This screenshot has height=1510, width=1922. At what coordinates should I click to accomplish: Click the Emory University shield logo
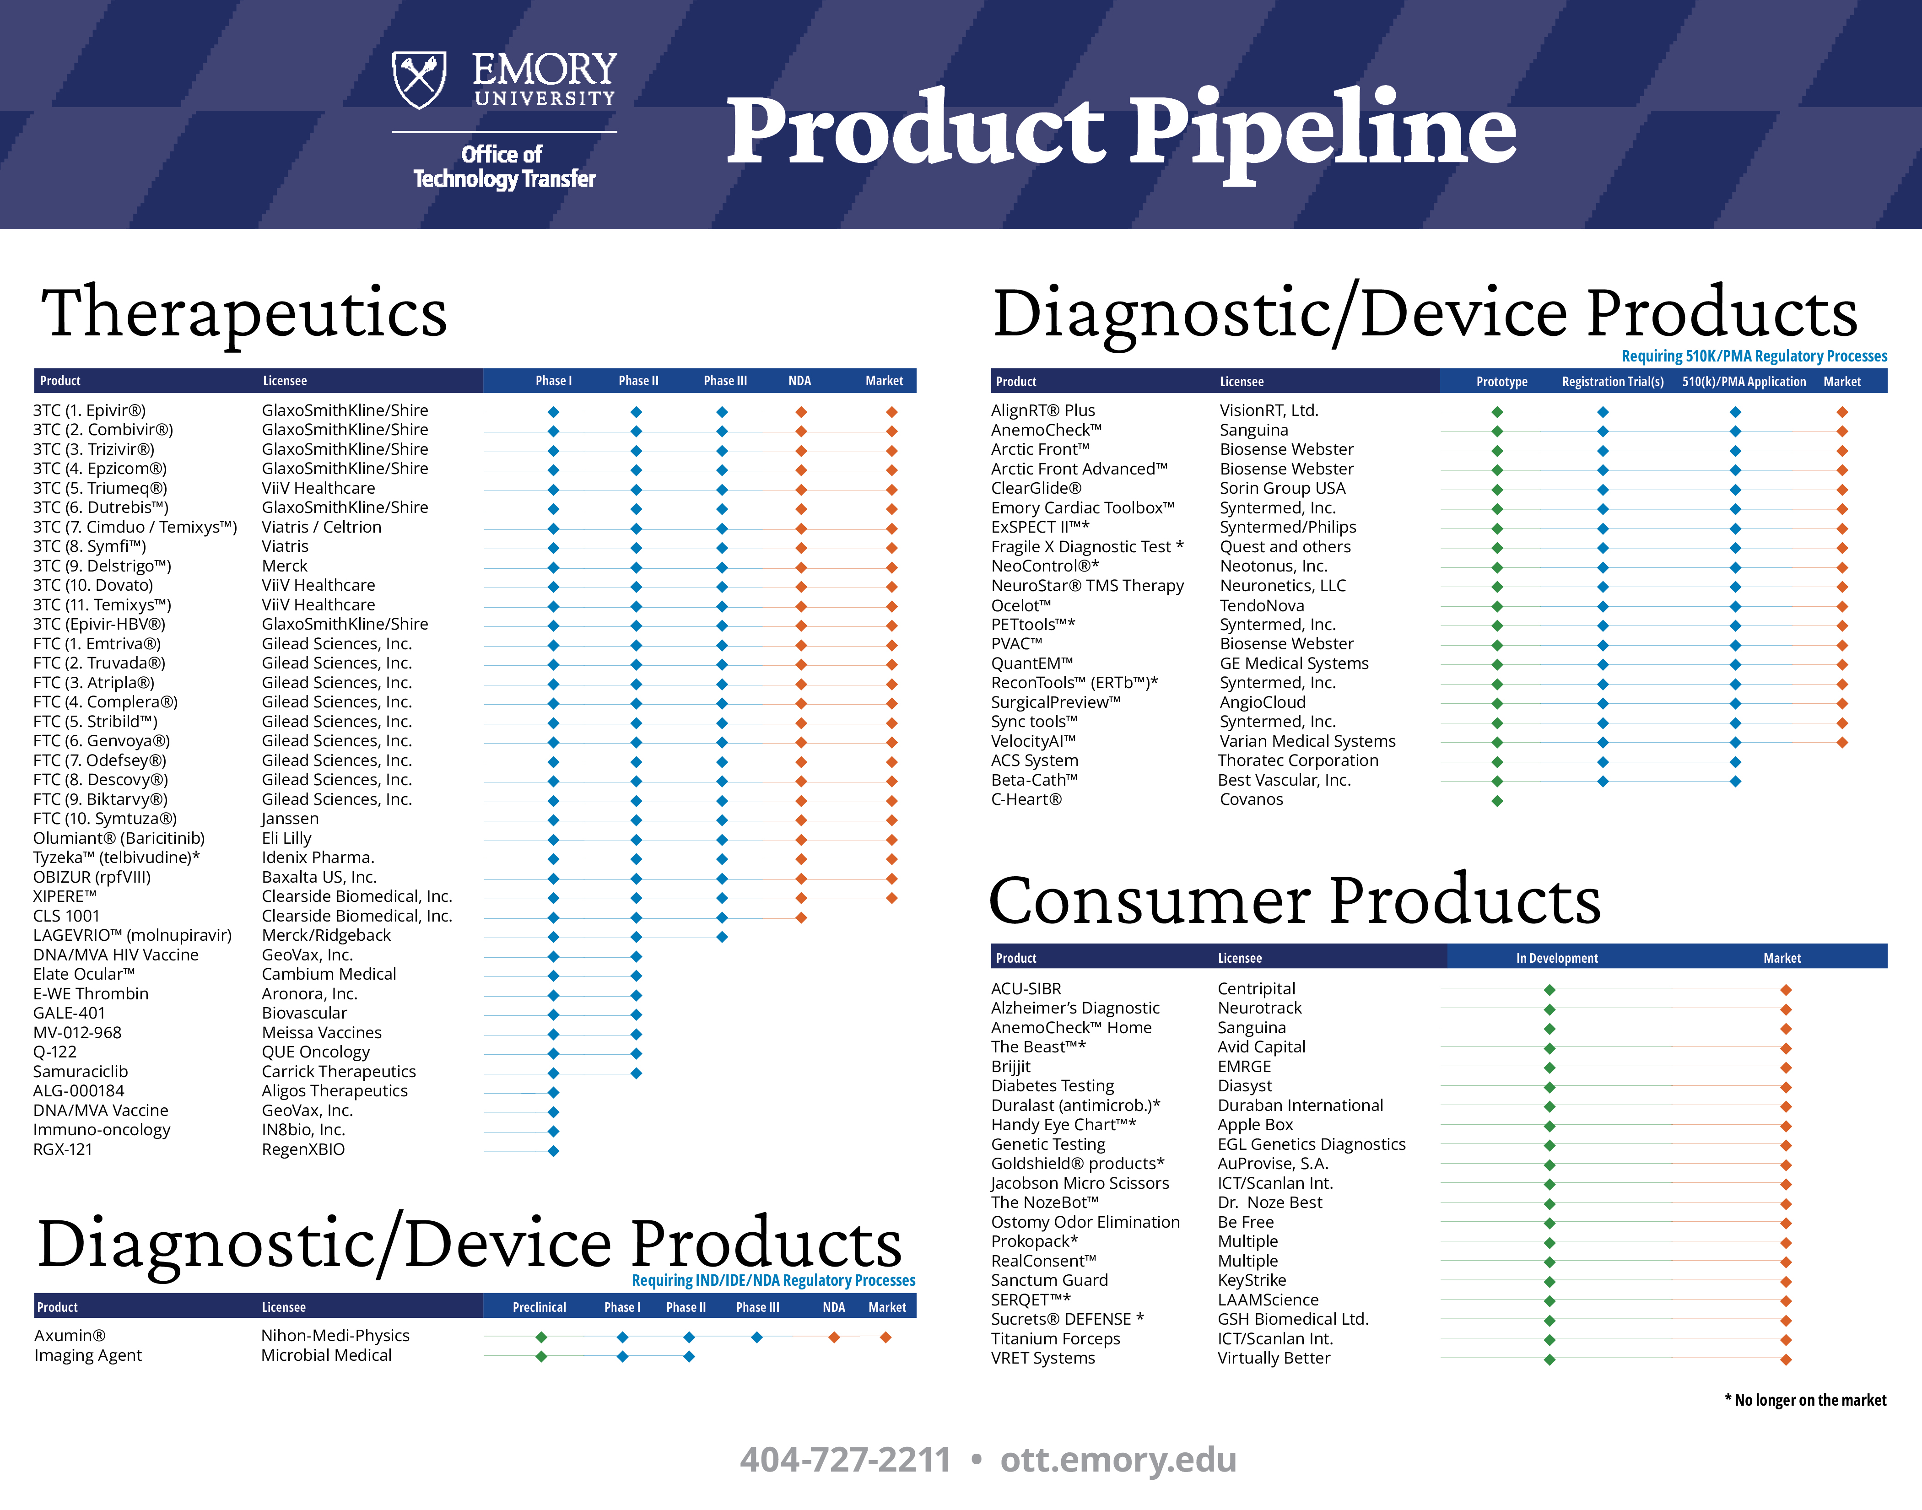coord(419,80)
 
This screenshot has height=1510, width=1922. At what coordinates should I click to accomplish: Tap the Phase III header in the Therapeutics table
coord(725,381)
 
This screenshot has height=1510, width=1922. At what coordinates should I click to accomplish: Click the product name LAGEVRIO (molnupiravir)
coord(133,935)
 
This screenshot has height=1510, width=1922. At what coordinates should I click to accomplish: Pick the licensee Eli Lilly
coord(286,838)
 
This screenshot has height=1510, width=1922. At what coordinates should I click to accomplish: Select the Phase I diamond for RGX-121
coord(553,1151)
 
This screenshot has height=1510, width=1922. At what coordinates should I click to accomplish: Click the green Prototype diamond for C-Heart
coord(1497,801)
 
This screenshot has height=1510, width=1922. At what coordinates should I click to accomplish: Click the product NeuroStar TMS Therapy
coord(1087,585)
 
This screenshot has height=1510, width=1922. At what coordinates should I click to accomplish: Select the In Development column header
coord(1557,958)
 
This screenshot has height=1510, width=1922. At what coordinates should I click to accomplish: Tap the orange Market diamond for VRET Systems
coord(1786,1360)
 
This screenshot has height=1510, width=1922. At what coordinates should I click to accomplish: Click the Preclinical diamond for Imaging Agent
coord(541,1356)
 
